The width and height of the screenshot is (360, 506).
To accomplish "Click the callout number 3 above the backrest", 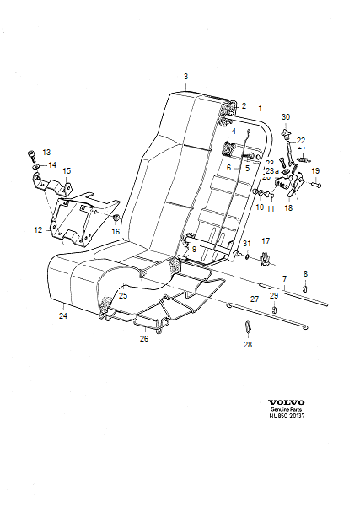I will [x=185, y=77].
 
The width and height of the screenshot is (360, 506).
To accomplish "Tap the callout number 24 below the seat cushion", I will [x=62, y=317].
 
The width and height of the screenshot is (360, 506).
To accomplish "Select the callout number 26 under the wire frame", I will [x=142, y=339].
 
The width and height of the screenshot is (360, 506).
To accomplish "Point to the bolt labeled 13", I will [x=31, y=154].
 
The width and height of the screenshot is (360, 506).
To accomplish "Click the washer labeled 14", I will [x=36, y=166].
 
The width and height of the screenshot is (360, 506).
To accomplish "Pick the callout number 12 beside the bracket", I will [x=38, y=229].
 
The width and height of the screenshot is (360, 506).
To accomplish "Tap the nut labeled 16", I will [x=114, y=219].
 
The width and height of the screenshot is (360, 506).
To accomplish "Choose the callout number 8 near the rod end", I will [x=305, y=273].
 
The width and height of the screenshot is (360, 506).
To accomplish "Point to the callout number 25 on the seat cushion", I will [x=122, y=296].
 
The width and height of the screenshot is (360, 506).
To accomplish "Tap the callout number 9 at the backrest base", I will [x=193, y=250].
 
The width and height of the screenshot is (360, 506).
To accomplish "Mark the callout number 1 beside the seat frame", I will [x=260, y=109].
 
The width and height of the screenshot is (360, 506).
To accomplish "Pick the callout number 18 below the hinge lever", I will [x=288, y=207].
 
